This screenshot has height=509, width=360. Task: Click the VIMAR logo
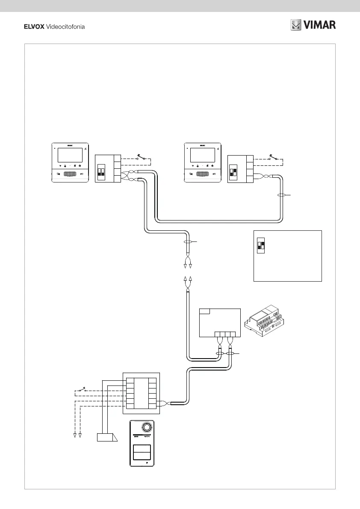(313, 25)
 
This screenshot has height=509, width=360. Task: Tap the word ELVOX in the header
(33, 26)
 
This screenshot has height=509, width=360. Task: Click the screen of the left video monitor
(69, 155)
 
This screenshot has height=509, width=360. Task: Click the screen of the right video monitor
(202, 155)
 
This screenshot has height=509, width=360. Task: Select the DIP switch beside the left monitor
(101, 172)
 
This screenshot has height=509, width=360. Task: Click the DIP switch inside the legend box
(260, 246)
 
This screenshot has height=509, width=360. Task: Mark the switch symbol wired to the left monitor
(140, 158)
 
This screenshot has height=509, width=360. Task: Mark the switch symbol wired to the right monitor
(273, 158)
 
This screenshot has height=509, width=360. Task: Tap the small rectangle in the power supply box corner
(205, 311)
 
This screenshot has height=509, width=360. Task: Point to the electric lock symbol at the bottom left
(106, 437)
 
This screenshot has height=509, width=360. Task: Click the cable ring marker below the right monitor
(281, 195)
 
